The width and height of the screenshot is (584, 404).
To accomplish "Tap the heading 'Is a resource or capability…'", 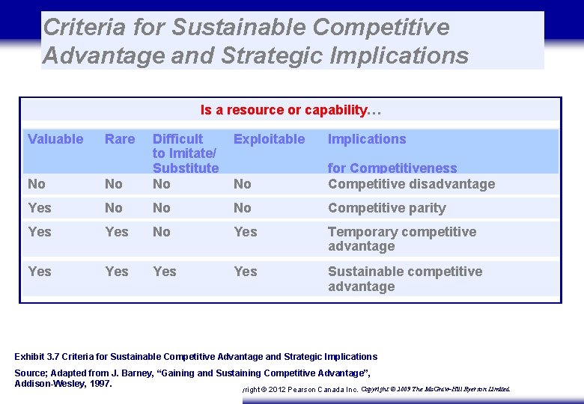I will pyautogui.click(x=291, y=111).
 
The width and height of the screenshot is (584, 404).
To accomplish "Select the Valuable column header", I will pyautogui.click(x=55, y=139).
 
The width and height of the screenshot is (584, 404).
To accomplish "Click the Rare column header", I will pyautogui.click(x=120, y=139).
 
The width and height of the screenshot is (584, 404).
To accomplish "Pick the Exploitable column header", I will pyautogui.click(x=269, y=139).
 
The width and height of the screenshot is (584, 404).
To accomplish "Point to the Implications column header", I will pyautogui.click(x=367, y=139).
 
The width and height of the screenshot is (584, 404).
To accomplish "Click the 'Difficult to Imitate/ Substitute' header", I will pyautogui.click(x=185, y=153).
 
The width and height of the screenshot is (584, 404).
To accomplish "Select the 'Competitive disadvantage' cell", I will pyautogui.click(x=411, y=184).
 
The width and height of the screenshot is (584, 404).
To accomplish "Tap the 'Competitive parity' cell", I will pyautogui.click(x=386, y=208).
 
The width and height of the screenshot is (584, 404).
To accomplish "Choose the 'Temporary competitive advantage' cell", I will pyautogui.click(x=401, y=239).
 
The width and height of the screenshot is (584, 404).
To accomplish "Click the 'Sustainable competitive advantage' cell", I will pyautogui.click(x=404, y=278).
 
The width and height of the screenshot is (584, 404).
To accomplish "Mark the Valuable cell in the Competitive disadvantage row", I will pyautogui.click(x=37, y=184).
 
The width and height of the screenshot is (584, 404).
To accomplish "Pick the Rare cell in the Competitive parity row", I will pyautogui.click(x=114, y=208).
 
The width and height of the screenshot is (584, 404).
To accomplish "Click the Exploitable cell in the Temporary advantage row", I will pyautogui.click(x=245, y=232).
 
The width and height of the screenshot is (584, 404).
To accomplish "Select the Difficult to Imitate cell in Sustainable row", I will pyautogui.click(x=165, y=272).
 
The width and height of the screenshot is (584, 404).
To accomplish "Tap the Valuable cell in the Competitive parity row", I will pyautogui.click(x=39, y=208).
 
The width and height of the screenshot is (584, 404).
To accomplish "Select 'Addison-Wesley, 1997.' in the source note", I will pyautogui.click(x=63, y=384).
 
